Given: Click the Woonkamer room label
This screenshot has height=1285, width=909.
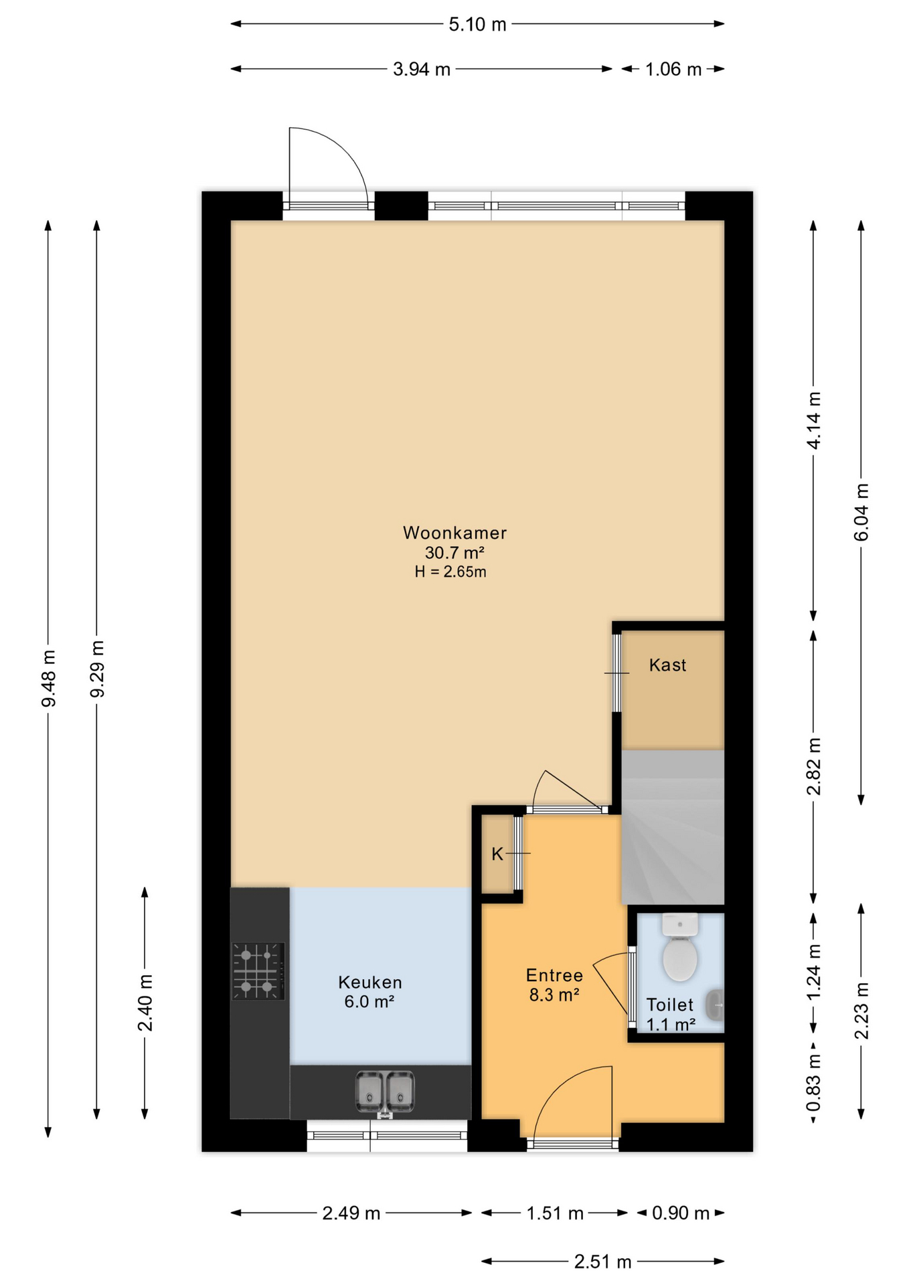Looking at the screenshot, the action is point(454,533).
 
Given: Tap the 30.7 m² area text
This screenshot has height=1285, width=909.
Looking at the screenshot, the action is point(454,553).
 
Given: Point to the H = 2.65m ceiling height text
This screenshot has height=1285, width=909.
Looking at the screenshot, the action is point(450,572).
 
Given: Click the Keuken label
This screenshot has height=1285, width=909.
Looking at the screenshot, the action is point(370,982).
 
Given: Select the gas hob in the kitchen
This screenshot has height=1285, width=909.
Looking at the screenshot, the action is point(258,971).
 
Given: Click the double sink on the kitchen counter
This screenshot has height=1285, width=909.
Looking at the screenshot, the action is point(385,1093).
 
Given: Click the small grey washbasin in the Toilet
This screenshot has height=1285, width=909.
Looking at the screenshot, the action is point(715,1004).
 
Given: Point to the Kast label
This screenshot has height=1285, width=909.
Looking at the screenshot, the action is point(668,665).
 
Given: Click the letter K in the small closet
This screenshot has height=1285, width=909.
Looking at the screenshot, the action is point(497,854).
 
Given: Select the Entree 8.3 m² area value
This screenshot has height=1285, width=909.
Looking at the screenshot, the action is point(554,995).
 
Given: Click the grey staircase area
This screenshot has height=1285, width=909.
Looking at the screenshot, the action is point(673,827).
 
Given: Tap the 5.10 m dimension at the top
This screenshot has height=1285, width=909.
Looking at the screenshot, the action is point(477,25).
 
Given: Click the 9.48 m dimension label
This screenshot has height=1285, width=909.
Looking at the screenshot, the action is point(48,678).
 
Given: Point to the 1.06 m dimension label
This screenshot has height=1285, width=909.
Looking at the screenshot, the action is point(673,69).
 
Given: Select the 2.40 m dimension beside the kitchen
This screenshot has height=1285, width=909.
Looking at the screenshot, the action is point(145,1003).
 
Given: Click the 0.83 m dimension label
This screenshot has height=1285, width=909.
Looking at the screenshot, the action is point(813,1082).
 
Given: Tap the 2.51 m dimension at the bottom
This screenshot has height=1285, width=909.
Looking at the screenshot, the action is point(603,1262).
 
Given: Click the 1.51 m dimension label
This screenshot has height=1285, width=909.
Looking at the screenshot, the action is point(555,1213).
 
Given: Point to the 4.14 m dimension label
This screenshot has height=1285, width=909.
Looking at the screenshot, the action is point(813,420).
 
